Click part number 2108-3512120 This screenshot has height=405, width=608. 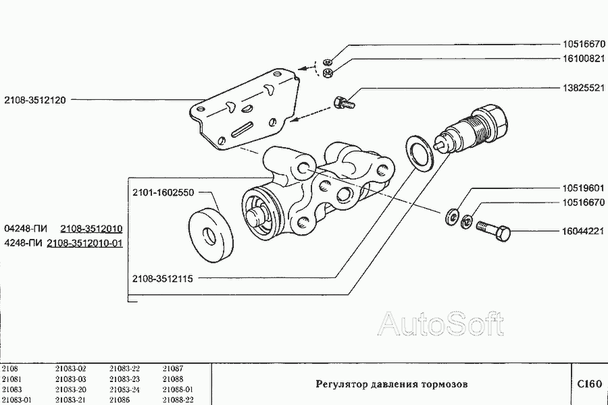(35, 100)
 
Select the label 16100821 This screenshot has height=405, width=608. (584, 59)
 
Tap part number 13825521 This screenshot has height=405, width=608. (584, 88)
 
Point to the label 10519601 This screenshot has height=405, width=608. (583, 188)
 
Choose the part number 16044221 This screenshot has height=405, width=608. (583, 232)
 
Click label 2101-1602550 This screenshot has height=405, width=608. (163, 192)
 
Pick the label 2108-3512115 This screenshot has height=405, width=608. (162, 278)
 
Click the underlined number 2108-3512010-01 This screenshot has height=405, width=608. (84, 244)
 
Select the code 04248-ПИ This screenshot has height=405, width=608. (26, 229)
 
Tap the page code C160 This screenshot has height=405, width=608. (589, 383)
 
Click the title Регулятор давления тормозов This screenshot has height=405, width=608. (392, 384)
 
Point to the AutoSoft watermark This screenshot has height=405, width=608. (441, 323)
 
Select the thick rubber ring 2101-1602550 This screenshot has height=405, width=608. (211, 236)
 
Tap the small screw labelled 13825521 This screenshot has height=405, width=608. (344, 103)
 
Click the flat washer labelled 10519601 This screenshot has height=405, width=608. (452, 217)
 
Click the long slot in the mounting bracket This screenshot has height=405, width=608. (242, 129)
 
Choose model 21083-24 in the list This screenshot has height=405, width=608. (124, 389)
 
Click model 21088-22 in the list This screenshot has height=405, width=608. (178, 400)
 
